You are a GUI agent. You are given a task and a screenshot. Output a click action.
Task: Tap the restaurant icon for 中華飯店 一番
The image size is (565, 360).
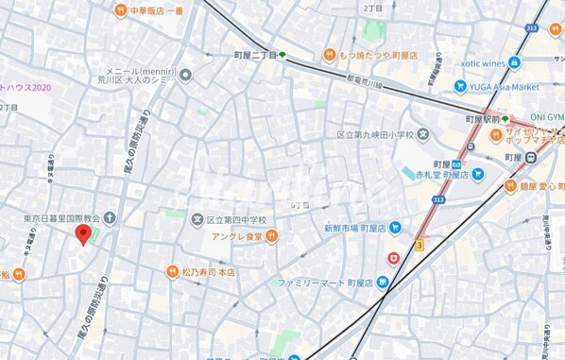[x=120, y=11]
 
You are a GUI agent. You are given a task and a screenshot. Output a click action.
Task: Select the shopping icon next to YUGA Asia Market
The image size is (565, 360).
[x=460, y=87]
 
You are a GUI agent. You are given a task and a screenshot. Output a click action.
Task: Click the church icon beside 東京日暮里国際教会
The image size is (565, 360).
[x=111, y=218]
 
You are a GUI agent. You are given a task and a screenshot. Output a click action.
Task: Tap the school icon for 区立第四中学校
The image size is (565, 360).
[x=197, y=220]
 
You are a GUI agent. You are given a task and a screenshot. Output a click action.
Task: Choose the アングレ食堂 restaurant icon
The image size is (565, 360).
[x=271, y=236]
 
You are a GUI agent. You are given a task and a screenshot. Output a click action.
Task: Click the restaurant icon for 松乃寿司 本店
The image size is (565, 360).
[x=172, y=272]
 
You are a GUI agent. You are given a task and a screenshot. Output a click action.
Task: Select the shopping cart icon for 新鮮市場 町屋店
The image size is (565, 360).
[x=395, y=228]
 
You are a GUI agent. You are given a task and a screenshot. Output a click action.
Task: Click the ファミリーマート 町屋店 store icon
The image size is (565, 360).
[x=382, y=283]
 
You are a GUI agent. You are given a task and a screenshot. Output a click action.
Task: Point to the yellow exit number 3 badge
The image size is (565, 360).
[x=419, y=245]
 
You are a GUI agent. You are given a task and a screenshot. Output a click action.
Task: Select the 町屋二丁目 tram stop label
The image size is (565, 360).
[x=255, y=56]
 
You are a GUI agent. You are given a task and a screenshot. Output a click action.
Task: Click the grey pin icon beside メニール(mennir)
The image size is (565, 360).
[x=186, y=75]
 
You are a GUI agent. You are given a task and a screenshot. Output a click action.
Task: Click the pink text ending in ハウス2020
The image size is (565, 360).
[x=26, y=87]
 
